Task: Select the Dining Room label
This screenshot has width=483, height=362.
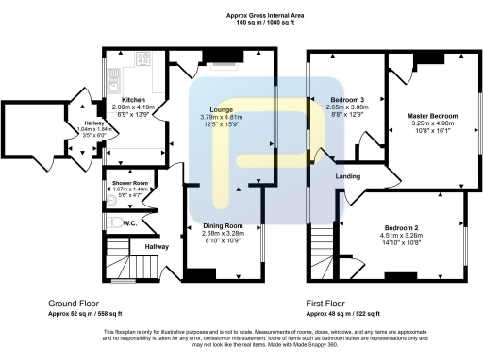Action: (x=222, y=225)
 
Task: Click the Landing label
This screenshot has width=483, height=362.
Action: (x=350, y=175)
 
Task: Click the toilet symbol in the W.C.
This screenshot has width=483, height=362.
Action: (x=112, y=223)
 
